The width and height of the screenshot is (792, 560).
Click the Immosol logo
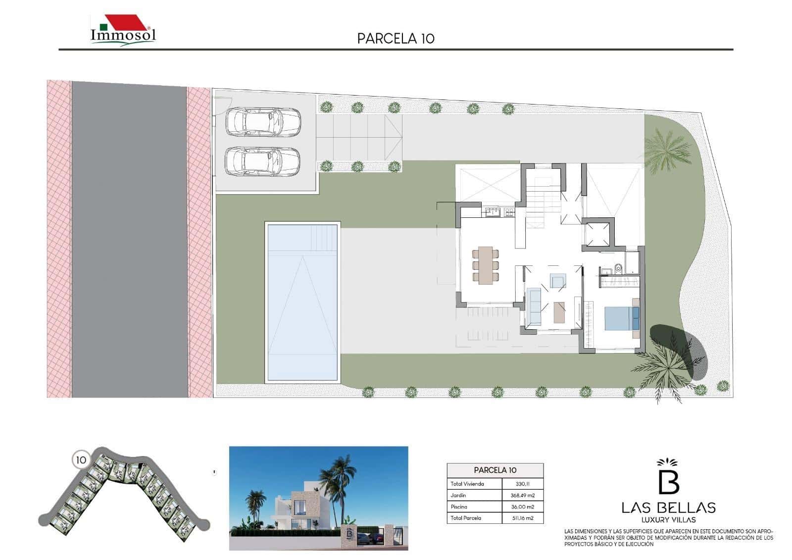click(x=123, y=31)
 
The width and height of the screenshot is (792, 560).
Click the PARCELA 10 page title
click(x=396, y=39)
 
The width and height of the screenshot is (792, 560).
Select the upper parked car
click(x=263, y=122)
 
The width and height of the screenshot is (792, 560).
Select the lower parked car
click(x=263, y=161)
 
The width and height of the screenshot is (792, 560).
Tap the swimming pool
click(x=302, y=302)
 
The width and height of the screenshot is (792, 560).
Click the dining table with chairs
click(x=485, y=265)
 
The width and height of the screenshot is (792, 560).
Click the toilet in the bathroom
click(x=617, y=269)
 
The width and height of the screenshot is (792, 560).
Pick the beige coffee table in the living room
click(x=559, y=312)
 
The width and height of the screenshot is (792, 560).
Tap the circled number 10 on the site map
click(x=81, y=460)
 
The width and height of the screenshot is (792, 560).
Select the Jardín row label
click(x=458, y=495)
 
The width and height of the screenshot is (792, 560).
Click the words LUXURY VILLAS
click(x=668, y=519)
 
